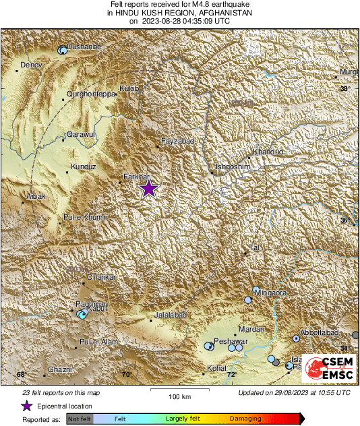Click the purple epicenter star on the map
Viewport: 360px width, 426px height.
coord(149,189)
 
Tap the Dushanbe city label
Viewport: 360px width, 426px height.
coord(86,46)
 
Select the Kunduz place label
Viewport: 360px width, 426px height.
coord(84,166)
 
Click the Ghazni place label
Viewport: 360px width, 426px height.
coord(60,370)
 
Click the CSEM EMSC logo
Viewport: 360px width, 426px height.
coord(328,369)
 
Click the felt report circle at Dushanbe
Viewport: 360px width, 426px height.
coord(63,49)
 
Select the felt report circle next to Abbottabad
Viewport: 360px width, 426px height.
coord(296,338)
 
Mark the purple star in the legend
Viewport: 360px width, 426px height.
coord(26,406)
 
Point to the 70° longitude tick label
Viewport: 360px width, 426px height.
coord(125,374)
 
